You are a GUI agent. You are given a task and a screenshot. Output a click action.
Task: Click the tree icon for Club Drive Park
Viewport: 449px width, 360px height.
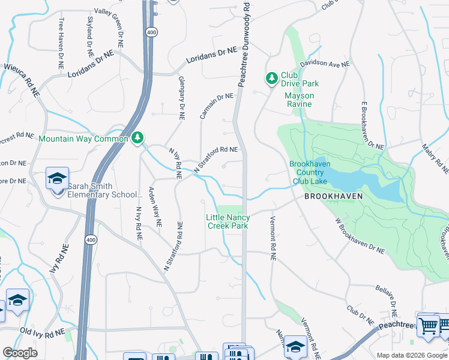tap(272, 77)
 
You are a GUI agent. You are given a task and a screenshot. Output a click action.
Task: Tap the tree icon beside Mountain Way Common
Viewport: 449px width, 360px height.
tap(138, 139)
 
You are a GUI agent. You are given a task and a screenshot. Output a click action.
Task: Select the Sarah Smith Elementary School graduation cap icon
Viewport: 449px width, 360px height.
tap(57, 179)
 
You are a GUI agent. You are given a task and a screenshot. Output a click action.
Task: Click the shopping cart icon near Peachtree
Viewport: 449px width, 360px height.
tap(428, 326)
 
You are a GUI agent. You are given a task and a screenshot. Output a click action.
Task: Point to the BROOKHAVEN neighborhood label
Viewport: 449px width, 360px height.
tap(333, 196)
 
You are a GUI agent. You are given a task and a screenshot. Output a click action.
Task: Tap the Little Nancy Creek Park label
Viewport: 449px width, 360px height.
tap(228, 221)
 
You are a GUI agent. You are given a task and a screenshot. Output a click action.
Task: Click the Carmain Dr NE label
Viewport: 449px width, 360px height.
tap(216, 106)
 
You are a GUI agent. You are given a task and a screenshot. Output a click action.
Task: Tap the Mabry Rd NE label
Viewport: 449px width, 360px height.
tap(431, 155)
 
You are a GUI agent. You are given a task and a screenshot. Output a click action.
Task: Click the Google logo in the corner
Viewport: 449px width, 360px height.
tap(20, 353)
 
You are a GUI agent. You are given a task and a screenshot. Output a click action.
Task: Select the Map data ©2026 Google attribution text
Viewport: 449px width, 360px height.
tap(411, 355)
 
